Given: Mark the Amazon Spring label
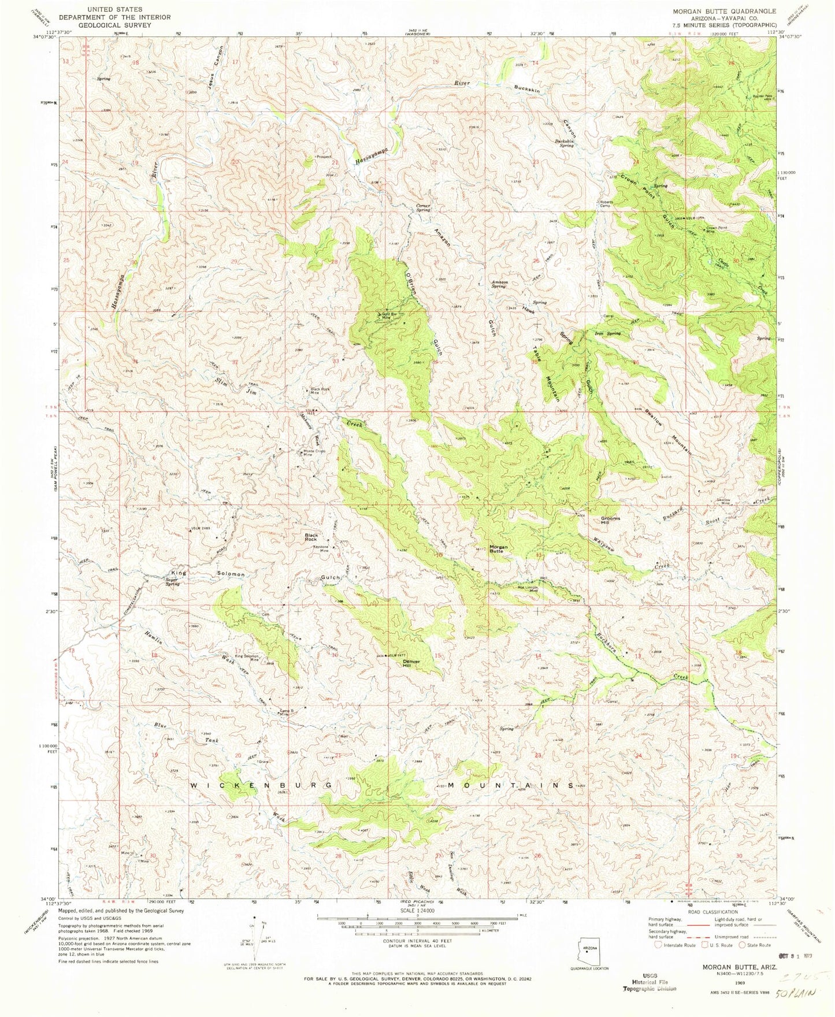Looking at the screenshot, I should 499,284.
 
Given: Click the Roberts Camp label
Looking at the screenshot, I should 605,203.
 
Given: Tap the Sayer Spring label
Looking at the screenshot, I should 172,582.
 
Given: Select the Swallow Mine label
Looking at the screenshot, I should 723,502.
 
